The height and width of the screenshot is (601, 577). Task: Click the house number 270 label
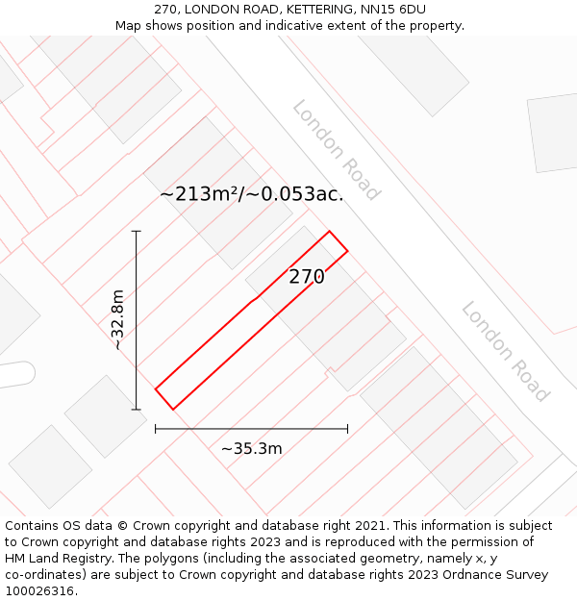[x=307, y=277]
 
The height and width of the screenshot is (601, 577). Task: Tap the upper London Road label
[x=337, y=150]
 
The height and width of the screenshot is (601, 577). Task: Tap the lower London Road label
[x=505, y=352]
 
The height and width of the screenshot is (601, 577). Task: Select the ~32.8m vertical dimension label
[x=117, y=320]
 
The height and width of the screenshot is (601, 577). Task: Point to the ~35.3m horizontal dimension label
[x=252, y=448]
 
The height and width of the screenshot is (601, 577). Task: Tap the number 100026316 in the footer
[x=39, y=590]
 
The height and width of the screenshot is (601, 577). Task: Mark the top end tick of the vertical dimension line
[x=137, y=232]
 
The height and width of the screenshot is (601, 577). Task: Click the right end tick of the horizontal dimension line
[x=347, y=429]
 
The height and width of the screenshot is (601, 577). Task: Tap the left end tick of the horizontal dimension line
[x=156, y=429]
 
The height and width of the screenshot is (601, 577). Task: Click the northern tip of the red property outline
[x=330, y=232]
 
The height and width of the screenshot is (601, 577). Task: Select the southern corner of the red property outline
[x=173, y=410]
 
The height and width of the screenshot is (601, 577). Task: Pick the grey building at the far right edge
[x=554, y=132]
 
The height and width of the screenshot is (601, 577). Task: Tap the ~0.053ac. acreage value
[x=294, y=193]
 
